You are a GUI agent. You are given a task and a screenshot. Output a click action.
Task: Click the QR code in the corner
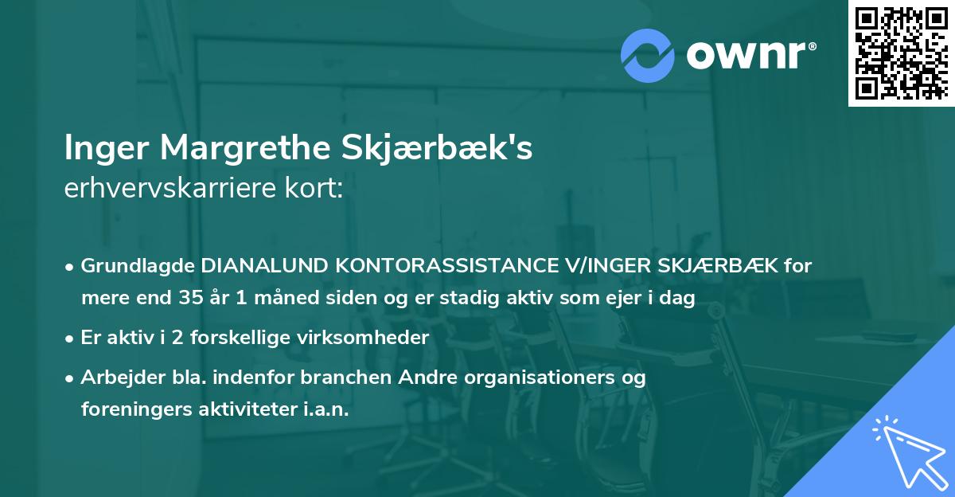coord(901,53)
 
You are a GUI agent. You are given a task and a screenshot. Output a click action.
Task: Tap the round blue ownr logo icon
coord(648,54)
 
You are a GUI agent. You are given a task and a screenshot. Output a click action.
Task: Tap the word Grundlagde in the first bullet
coord(138,266)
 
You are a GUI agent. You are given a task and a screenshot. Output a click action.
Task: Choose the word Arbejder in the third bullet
coord(116,377)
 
